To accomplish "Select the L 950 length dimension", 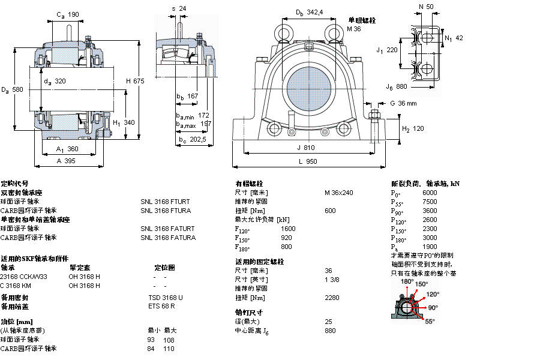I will click(308, 162).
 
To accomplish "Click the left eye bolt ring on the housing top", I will click(283, 30).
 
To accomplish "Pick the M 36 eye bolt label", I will click(354, 29).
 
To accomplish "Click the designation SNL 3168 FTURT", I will click(165, 202).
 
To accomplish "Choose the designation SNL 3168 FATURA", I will click(168, 238).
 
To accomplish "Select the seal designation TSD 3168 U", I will click(166, 298).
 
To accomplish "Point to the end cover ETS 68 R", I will click(161, 307).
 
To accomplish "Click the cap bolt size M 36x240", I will click(338, 193).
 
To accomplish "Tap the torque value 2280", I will click(332, 298).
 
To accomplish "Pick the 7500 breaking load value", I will click(430, 202).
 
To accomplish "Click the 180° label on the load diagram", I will click(407, 281).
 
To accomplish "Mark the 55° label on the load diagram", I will click(430, 322).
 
